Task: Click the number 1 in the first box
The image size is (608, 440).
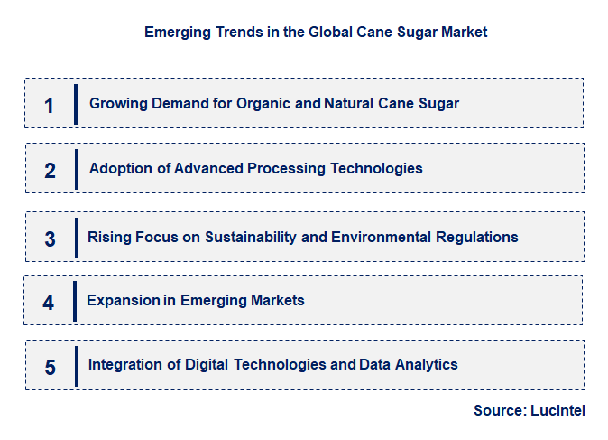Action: [x=50, y=106]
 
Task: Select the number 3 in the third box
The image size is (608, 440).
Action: [x=50, y=239]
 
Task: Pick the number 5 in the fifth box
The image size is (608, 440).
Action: [x=50, y=368]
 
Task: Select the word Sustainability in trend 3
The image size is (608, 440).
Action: [x=250, y=237]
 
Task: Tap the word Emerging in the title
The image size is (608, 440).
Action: [x=179, y=32]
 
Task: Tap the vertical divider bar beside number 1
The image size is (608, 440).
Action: [x=76, y=104]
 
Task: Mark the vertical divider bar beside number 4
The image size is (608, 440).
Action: [x=75, y=301]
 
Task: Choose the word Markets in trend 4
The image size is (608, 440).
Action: [x=275, y=300]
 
